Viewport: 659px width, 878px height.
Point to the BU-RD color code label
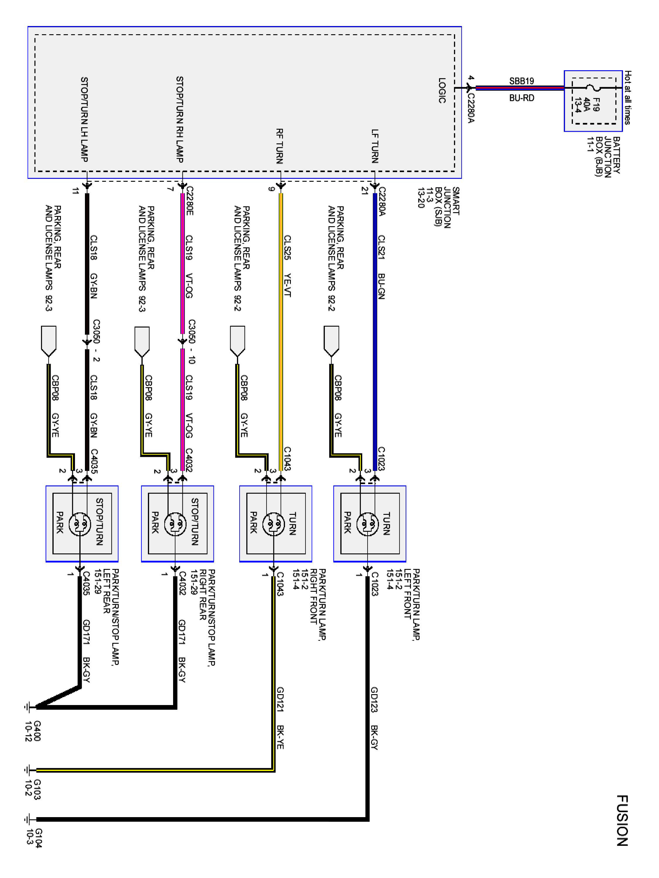pyautogui.click(x=522, y=98)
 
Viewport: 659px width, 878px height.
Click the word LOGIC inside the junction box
pyautogui.click(x=442, y=90)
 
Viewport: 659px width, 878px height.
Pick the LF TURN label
pyautogui.click(x=375, y=146)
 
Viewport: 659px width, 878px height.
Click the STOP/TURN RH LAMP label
pyautogui.click(x=180, y=119)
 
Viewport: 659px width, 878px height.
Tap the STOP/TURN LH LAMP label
pyautogui.click(x=84, y=119)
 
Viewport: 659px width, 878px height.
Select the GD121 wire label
pyautogui.click(x=280, y=699)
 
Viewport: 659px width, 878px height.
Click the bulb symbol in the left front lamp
pyautogui.click(x=368, y=524)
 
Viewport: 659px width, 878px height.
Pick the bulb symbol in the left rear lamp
pyautogui.click(x=80, y=524)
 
